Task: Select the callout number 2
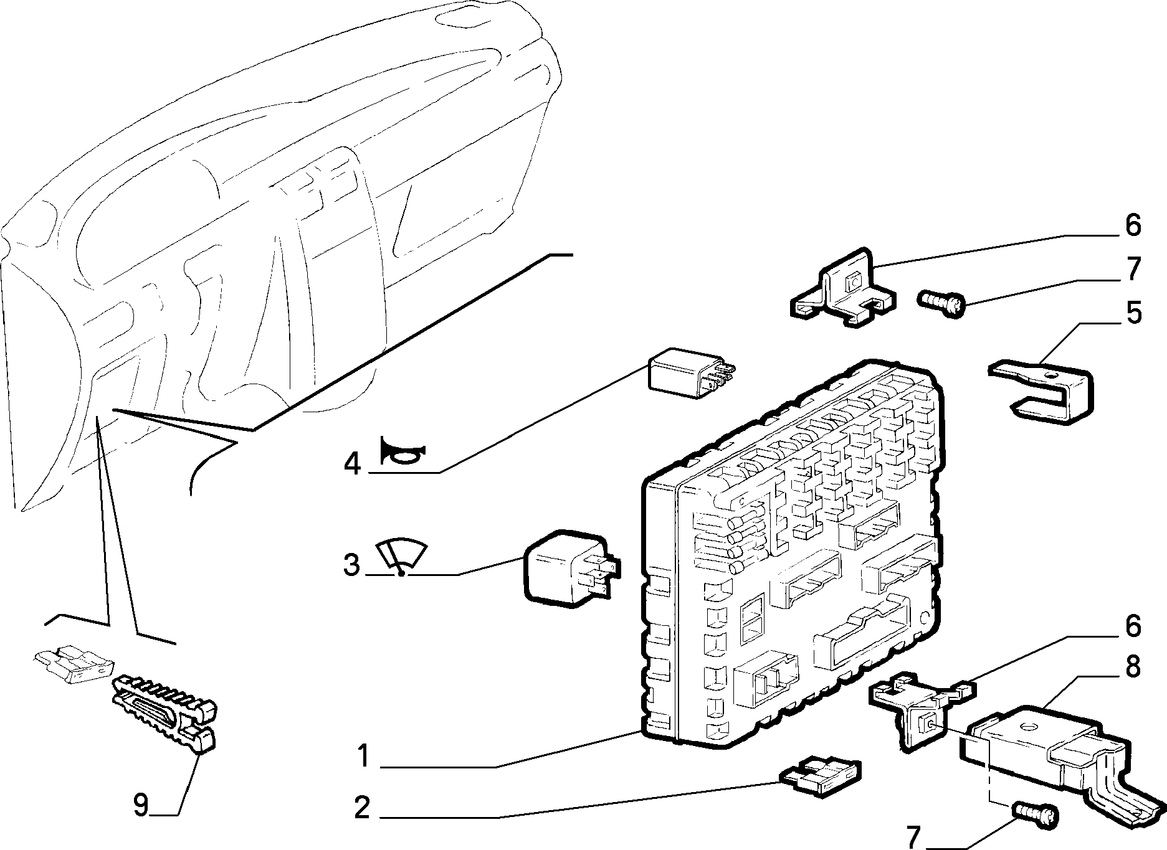click(363, 808)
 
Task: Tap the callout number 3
click(352, 565)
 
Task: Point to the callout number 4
click(353, 464)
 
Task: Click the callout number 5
click(1133, 313)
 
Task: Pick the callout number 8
click(1133, 666)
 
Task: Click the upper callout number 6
click(1133, 225)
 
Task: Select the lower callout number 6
click(1133, 626)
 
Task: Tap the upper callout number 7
click(1133, 269)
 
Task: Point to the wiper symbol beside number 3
click(402, 557)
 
